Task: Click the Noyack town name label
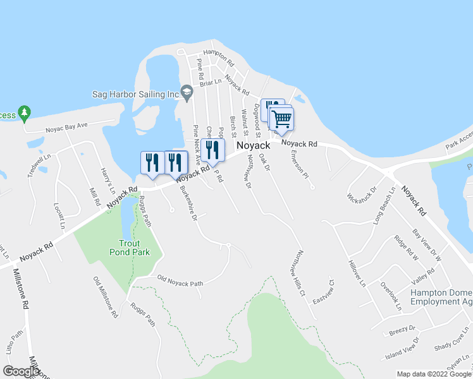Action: tap(253, 145)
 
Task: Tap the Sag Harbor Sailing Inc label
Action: tap(136, 94)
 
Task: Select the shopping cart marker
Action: tap(281, 118)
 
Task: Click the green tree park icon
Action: tap(25, 114)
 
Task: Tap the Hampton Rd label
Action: tap(218, 58)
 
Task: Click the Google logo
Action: tap(21, 371)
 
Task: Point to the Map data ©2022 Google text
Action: tap(433, 374)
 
